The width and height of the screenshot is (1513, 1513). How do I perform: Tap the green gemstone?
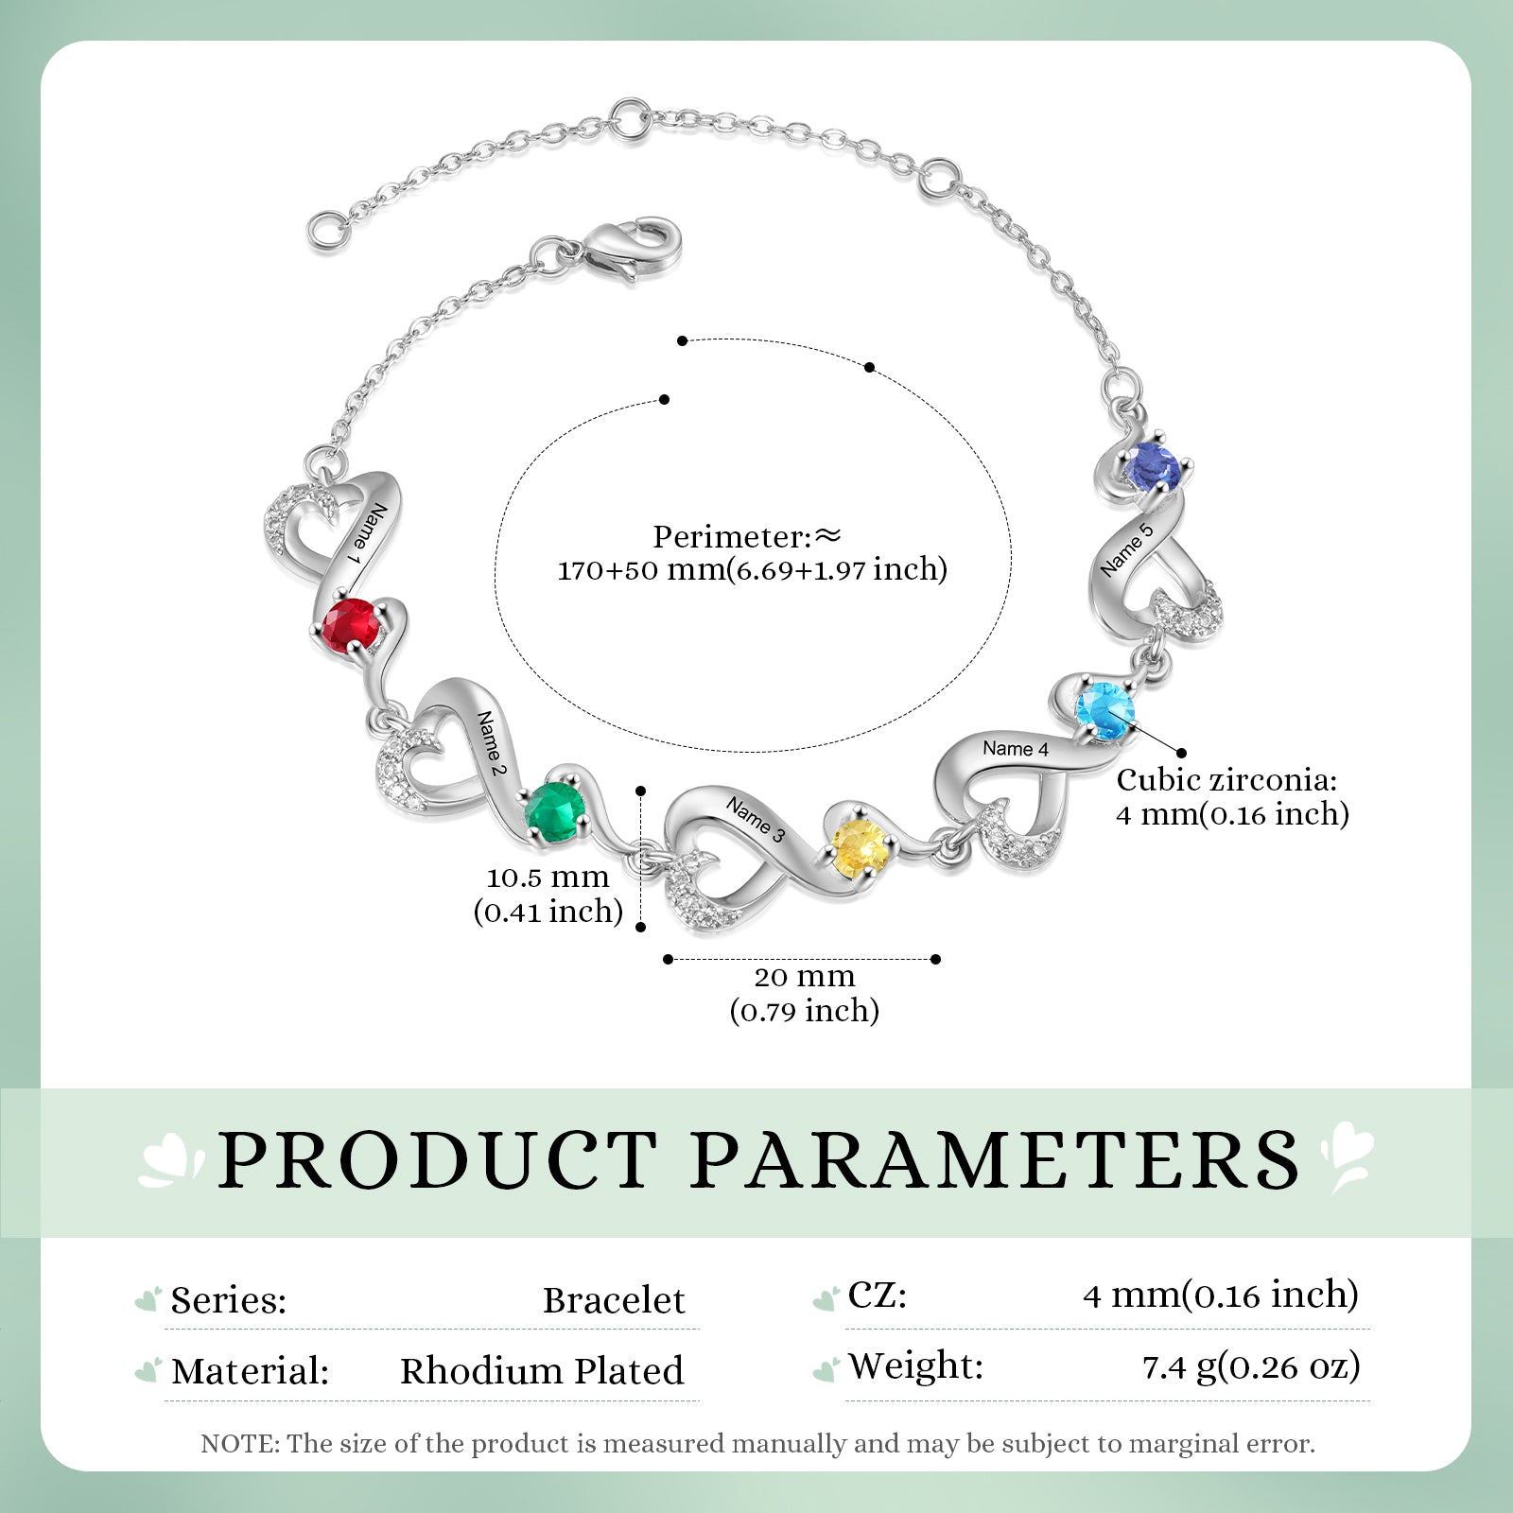pos(556,812)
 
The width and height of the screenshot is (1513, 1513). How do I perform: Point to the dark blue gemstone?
pos(1153,467)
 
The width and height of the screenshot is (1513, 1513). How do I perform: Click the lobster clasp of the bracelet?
pos(629,249)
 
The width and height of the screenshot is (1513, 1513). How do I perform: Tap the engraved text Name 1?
pos(369,535)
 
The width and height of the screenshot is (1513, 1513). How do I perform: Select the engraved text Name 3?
pos(756,819)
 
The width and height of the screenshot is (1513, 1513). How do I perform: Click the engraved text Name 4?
pos(1016,749)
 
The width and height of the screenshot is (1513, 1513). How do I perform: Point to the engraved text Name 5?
pos(1127,548)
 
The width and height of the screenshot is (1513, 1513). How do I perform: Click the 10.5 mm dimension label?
pos(548,894)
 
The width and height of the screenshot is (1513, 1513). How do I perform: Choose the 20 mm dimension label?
pos(805,993)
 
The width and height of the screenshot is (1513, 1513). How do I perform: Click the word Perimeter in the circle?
pos(732,537)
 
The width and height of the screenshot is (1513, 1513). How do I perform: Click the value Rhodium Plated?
pos(542,1371)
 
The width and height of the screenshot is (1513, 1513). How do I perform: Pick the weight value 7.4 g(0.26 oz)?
pos(1251,1367)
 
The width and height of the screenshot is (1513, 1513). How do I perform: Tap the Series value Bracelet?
pos(614,1300)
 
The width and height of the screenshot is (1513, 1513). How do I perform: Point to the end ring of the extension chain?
pos(326,230)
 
